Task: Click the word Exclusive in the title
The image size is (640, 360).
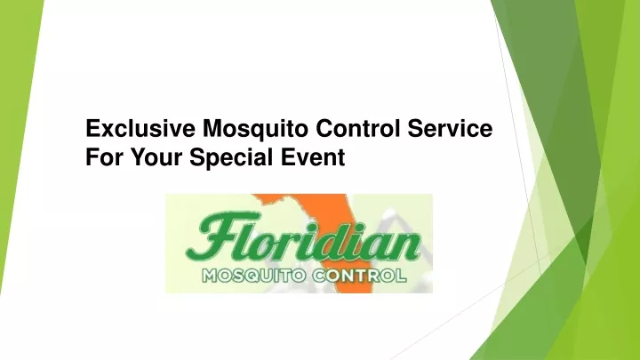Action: (x=140, y=128)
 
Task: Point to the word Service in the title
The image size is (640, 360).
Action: (x=450, y=128)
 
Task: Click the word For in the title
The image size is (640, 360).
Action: (x=104, y=157)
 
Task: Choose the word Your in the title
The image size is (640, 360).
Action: (x=156, y=157)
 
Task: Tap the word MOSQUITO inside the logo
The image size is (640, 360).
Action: (x=254, y=276)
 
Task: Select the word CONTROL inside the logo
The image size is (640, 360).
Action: (x=360, y=276)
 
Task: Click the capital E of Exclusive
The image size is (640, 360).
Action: (x=93, y=128)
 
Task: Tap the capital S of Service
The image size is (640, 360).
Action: (x=416, y=128)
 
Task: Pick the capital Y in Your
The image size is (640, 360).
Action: (x=138, y=157)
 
